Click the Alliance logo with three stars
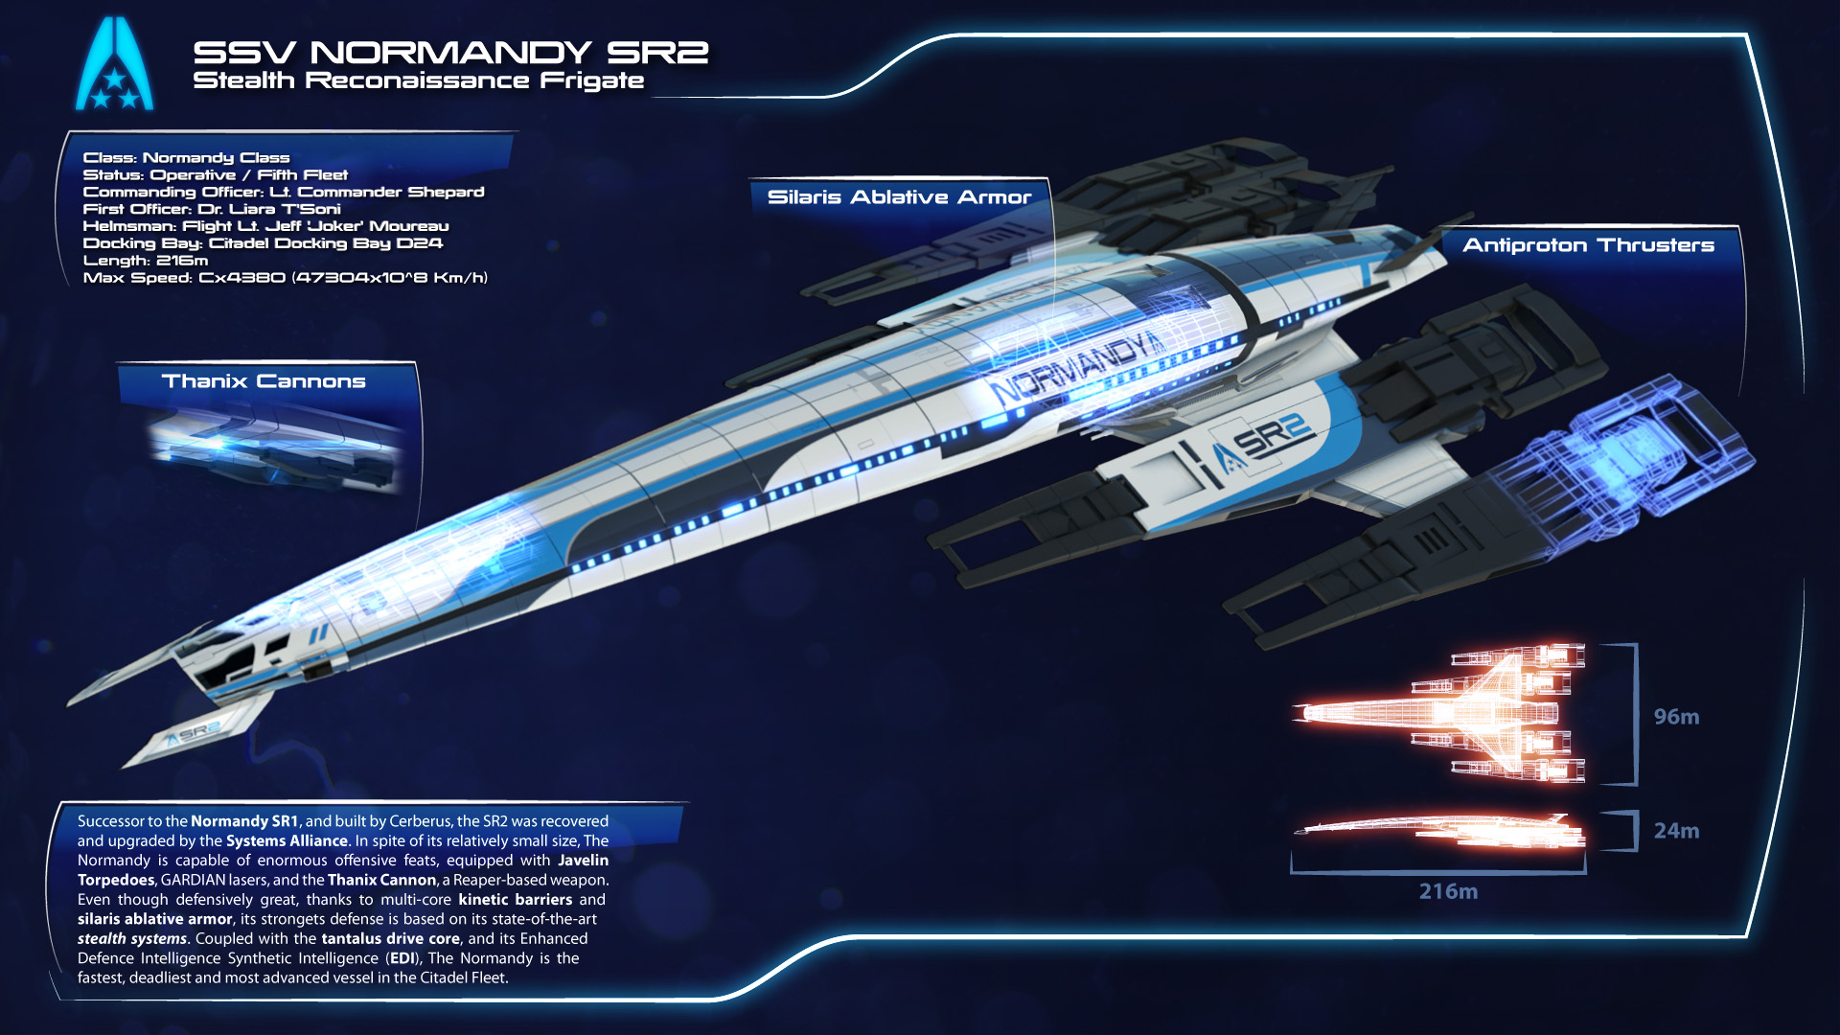coord(114,63)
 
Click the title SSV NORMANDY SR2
coord(450,52)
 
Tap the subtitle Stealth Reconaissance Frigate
coord(418,81)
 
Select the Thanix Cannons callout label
coord(264,381)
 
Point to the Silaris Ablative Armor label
coord(899,197)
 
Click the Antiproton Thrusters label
coord(1588,245)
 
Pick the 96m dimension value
coord(1676,717)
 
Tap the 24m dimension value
coord(1676,831)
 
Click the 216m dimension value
coord(1448,891)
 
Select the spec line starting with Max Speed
coord(286,278)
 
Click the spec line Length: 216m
coord(146,261)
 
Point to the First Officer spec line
coord(212,209)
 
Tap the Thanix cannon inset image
coord(273,448)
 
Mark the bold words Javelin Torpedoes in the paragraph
coord(343,870)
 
